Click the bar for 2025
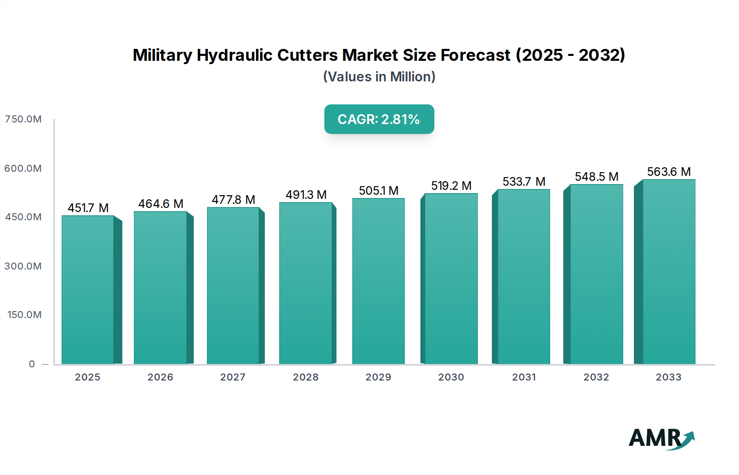88,290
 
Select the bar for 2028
306,284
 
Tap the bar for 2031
523,277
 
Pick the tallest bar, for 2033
669,272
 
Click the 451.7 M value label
88,208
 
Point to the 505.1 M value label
379,191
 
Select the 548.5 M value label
597,177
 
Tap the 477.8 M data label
233,200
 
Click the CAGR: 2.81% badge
379,119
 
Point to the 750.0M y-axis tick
23,119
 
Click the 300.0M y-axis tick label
23,266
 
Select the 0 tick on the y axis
32,364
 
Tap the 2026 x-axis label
161,377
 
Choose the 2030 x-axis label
451,377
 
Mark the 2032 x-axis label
597,377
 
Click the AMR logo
661,438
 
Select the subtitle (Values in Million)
379,77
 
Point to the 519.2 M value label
451,186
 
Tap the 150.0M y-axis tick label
25,315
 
